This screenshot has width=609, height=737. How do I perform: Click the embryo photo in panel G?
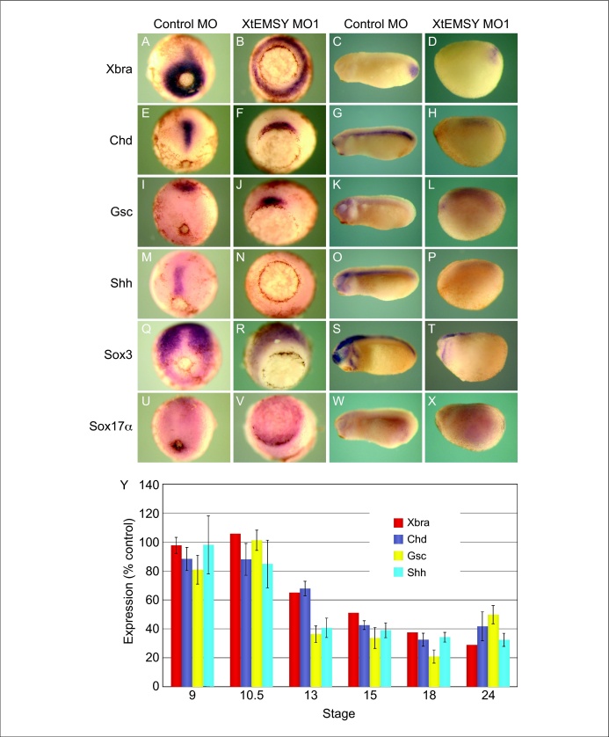pyautogui.click(x=372, y=142)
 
